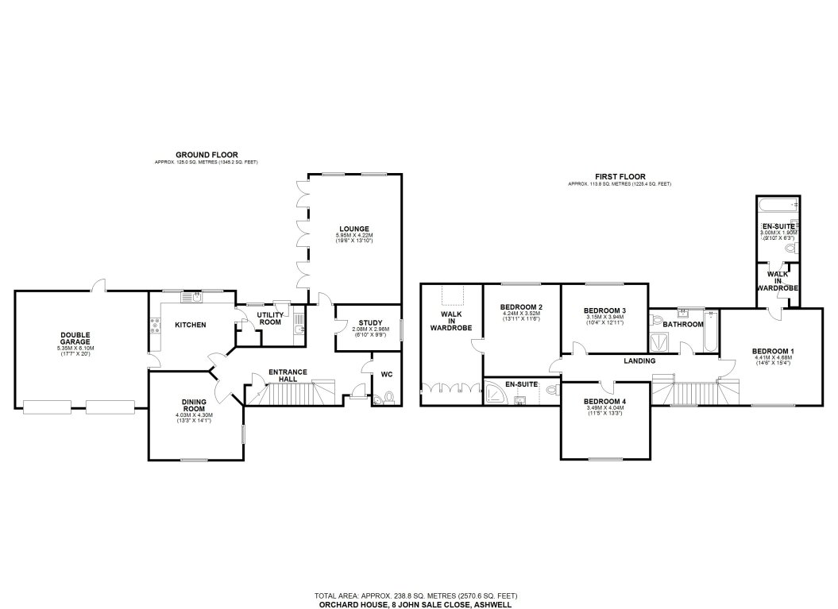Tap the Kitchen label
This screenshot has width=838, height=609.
[x=191, y=325]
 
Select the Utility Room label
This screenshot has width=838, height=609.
[x=270, y=318]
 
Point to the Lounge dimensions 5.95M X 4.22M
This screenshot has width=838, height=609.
[x=352, y=236]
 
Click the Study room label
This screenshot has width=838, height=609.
[x=370, y=322]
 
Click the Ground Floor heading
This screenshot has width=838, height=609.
[x=207, y=155]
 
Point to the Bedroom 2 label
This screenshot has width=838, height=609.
[x=521, y=307]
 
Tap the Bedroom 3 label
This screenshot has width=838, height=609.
[x=604, y=310]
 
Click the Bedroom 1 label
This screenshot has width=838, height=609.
[x=774, y=351]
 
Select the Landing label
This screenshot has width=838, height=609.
[x=639, y=361]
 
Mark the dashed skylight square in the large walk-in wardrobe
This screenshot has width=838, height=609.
[x=451, y=297]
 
